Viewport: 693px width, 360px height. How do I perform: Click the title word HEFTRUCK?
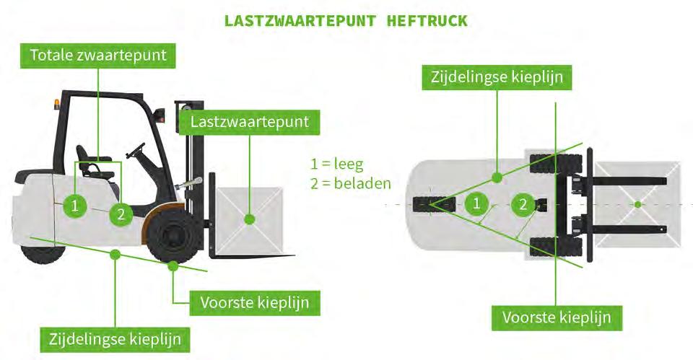click(427, 20)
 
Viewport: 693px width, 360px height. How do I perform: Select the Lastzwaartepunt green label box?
click(249, 122)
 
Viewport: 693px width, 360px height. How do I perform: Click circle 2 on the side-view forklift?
click(121, 214)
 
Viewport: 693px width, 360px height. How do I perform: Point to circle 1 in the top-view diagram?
click(476, 204)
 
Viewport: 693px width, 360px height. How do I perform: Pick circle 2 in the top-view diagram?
click(523, 205)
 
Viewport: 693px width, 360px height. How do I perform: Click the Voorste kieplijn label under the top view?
click(557, 317)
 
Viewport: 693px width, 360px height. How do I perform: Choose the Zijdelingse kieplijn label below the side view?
click(115, 338)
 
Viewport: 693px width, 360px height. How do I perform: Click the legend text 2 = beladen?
click(350, 183)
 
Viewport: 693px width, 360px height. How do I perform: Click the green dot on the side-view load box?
click(249, 218)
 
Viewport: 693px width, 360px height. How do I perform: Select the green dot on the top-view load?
click(637, 205)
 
